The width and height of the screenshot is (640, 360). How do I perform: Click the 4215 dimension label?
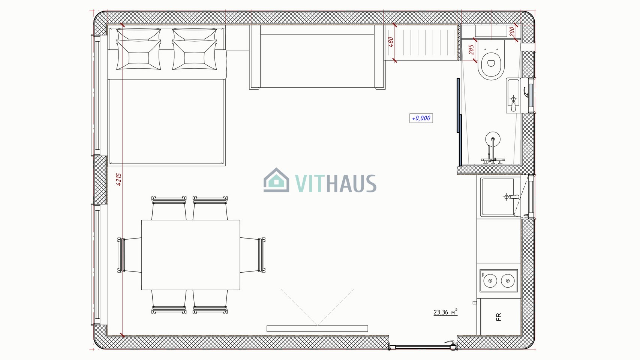(x=119, y=179)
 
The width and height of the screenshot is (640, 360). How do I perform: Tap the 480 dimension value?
(x=391, y=42)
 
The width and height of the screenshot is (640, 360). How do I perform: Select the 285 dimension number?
(x=471, y=49)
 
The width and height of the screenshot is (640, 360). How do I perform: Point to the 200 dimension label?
(x=512, y=32)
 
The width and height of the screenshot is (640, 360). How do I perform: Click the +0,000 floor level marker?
(x=421, y=118)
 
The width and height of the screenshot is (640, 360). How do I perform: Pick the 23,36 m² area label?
(x=445, y=312)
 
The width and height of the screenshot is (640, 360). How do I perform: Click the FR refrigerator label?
(x=499, y=317)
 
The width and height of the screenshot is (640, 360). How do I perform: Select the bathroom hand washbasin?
(x=514, y=95)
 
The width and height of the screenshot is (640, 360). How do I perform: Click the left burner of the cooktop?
(x=490, y=281)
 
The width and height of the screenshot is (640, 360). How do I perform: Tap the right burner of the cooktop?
(x=508, y=281)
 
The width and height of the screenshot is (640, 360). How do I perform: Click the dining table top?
(x=190, y=255)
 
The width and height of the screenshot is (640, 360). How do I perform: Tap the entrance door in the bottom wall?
(x=423, y=347)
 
